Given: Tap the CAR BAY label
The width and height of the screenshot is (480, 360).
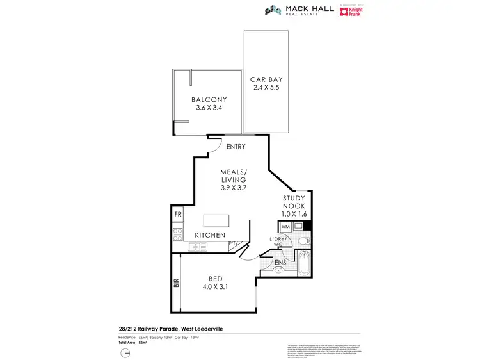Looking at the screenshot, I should (x=266, y=79).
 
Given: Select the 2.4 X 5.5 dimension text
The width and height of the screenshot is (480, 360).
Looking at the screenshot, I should (x=266, y=88).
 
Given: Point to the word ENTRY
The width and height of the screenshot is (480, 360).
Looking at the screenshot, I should (x=236, y=147).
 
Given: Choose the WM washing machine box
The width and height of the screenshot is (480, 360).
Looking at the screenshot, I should (x=285, y=226).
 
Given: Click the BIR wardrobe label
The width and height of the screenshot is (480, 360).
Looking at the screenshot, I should (x=176, y=282).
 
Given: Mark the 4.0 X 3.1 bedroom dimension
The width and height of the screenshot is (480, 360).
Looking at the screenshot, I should (x=215, y=288).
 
